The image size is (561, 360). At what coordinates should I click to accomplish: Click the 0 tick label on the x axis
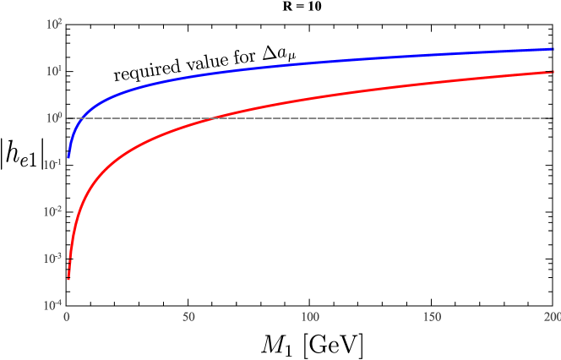coord(68,318)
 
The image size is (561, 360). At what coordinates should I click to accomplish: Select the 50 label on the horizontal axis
coord(188,318)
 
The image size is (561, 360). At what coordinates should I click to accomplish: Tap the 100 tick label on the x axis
coord(310,318)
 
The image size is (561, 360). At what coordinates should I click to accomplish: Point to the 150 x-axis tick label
coord(431,318)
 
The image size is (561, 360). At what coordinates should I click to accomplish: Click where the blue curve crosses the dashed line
coord(79,118)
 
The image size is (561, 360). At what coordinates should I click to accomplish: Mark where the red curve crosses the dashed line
coord(215,118)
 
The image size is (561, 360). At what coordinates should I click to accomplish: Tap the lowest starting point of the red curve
coord(68,278)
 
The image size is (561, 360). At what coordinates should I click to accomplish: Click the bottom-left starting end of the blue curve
coord(68,157)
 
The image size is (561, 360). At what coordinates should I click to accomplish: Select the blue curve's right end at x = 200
coord(552,49)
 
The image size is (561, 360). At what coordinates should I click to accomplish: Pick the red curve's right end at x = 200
coord(552,72)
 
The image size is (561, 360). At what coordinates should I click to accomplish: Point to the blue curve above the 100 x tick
coord(310,63)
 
